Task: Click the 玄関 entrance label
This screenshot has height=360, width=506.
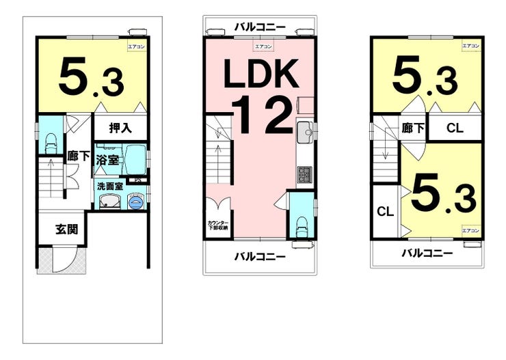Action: click(x=66, y=229)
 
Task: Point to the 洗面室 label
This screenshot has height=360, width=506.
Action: click(x=109, y=185)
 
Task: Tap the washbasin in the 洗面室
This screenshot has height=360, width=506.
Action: click(x=108, y=201)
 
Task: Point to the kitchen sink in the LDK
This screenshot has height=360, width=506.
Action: click(x=305, y=131)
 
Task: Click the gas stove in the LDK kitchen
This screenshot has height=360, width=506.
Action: click(x=304, y=175)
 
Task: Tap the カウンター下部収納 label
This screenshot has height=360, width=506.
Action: click(x=218, y=226)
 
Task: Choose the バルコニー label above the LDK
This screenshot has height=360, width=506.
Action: click(x=260, y=27)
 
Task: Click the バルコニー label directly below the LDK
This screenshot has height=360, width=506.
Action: click(x=260, y=257)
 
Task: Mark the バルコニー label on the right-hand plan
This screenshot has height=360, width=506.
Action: click(x=427, y=253)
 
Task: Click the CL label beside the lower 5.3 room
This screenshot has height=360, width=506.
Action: click(x=386, y=212)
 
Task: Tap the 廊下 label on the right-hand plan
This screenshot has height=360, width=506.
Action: click(x=413, y=128)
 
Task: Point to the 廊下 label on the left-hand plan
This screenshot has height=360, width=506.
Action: click(x=79, y=156)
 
